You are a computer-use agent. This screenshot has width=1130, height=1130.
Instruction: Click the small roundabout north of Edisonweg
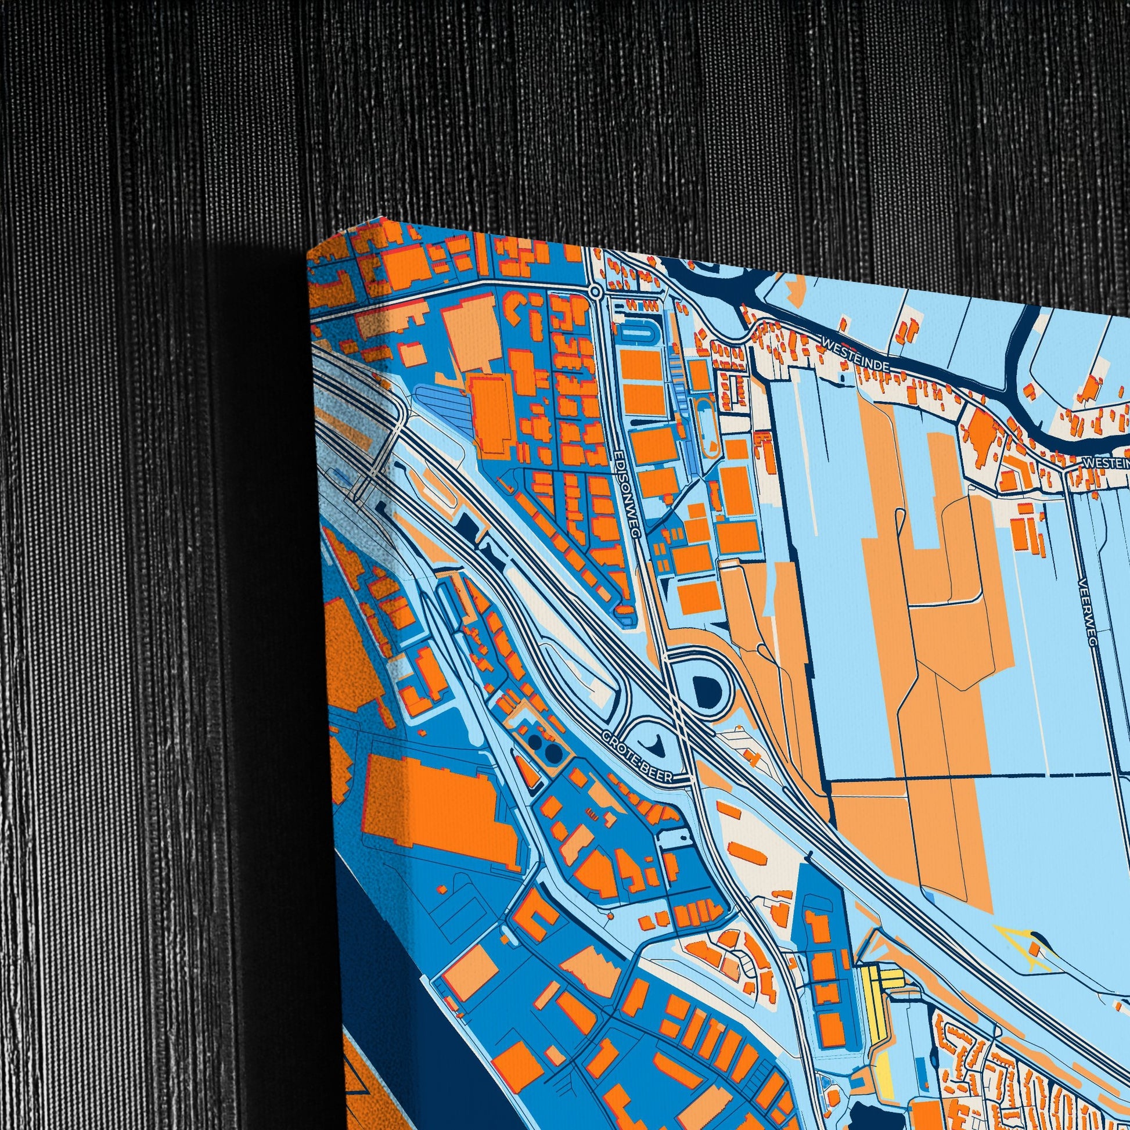coord(595,291)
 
